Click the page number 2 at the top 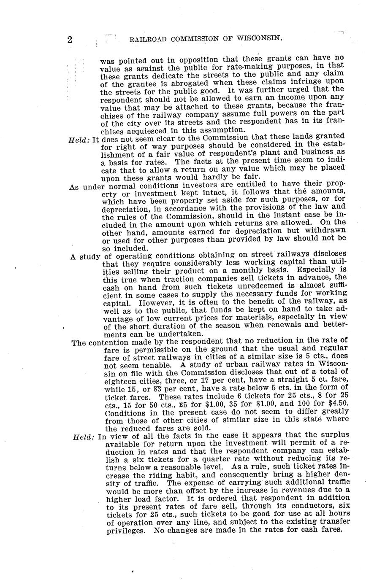(x=70, y=40)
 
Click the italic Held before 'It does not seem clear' (x=79, y=137)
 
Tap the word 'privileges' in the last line (x=125, y=530)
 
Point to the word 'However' (x=158, y=302)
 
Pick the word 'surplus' (x=335, y=436)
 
